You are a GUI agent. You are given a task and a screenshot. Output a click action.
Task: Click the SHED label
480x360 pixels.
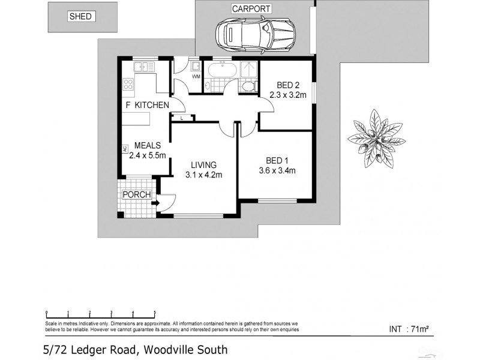[x=80, y=17]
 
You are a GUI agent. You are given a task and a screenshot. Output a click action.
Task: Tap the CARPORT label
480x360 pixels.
[x=251, y=9]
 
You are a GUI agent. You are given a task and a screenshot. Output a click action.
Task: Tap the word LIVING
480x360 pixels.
[x=203, y=165]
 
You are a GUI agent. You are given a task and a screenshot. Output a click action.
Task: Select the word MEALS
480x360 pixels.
[x=147, y=145]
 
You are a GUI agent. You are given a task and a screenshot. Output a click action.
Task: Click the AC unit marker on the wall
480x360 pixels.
[x=124, y=149]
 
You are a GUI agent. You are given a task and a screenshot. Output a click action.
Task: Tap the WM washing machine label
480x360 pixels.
[x=196, y=77]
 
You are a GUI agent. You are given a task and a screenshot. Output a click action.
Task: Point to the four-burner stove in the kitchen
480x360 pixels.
[x=128, y=84]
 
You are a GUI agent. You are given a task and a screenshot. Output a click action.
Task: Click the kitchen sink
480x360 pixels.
[x=144, y=66]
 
